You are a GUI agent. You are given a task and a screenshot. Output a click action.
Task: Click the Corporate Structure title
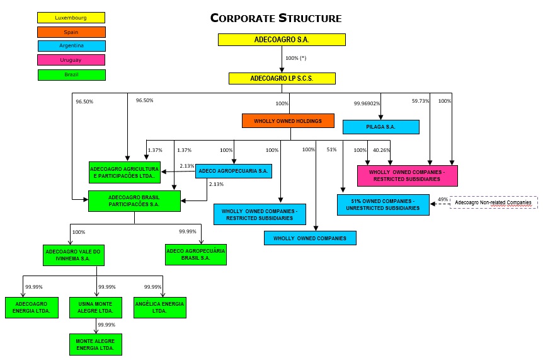point(276,18)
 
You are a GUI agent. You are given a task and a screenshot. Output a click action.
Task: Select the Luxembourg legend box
point(71,18)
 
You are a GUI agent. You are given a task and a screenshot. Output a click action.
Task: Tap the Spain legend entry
point(71,32)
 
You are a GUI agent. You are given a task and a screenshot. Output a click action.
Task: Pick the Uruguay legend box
point(71,60)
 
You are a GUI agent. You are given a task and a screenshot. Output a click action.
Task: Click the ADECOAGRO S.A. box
point(282,40)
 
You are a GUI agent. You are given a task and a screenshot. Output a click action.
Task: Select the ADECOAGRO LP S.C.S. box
point(282,79)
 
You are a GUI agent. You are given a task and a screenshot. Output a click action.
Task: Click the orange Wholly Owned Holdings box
point(288,120)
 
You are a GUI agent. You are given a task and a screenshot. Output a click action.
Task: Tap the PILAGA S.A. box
point(380,127)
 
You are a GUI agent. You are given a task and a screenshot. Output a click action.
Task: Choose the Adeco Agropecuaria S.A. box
point(233,171)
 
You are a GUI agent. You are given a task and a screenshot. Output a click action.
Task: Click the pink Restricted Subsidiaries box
point(407,175)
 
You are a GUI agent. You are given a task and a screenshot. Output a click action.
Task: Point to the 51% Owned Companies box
point(383,204)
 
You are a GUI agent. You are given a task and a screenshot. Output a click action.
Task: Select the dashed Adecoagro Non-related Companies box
point(493,202)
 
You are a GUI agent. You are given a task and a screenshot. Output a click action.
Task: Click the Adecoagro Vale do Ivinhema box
point(72,255)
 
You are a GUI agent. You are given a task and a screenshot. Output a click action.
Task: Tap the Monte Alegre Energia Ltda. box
point(95,344)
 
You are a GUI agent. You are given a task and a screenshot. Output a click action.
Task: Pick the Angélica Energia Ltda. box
point(159,308)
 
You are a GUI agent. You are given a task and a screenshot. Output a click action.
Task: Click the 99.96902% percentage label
point(367,103)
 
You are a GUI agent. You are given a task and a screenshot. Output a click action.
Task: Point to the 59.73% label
point(420,101)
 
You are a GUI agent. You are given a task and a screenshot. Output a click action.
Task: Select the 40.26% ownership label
point(382,150)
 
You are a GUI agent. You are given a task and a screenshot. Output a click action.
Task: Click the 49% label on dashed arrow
point(443,199)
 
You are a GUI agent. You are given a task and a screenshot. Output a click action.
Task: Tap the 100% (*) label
point(295,58)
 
